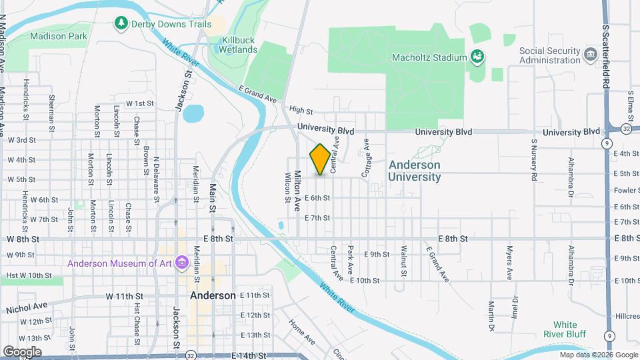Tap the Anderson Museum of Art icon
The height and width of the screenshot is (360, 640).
pos(181,263)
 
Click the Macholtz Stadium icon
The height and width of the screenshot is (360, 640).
pos(477,57)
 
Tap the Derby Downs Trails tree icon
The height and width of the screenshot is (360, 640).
pos(121,24)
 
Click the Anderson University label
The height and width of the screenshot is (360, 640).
pos(414,171)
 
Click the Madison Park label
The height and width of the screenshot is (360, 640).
pos(59,36)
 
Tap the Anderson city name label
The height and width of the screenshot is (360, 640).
pos(212,295)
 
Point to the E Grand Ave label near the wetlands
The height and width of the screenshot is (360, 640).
pos(257,95)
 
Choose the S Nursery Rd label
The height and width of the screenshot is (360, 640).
pos(534,160)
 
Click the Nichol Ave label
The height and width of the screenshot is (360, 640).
pos(27,307)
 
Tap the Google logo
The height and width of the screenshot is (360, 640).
pos(23,351)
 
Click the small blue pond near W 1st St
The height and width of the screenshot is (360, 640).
pos(193,113)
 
